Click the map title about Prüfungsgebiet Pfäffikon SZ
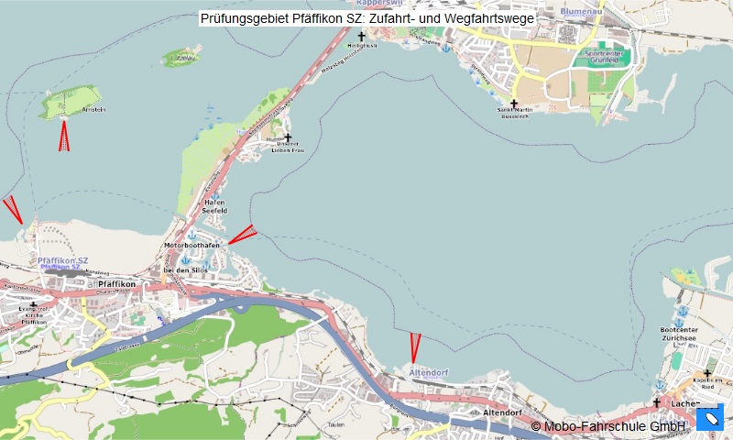coord(366,17)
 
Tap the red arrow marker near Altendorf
coord(415,347)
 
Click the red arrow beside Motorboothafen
coord(241,236)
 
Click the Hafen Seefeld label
coord(213,206)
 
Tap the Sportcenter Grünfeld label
coord(604,57)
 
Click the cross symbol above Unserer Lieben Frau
coord(287,137)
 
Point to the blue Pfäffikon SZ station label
coord(63,262)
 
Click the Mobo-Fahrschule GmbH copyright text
coord(608,426)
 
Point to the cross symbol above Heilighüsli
coord(361,37)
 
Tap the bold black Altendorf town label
coord(501,413)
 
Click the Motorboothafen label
coord(191,246)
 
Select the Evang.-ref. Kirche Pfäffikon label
coord(34,316)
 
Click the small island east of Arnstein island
coord(181,59)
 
